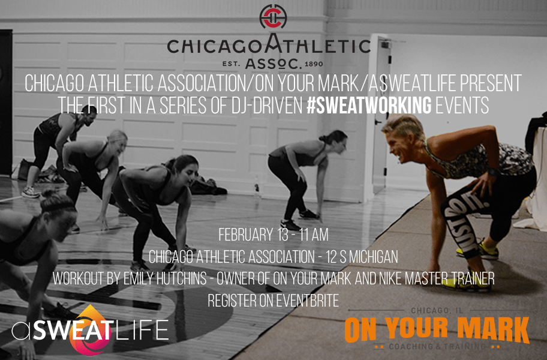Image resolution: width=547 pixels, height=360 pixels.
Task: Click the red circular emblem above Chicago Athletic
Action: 273,16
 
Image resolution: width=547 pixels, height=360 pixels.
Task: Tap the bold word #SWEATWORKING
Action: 369,105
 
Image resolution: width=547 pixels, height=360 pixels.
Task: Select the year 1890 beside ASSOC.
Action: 314,64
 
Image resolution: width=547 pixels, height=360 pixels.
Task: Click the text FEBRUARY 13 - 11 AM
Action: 273,235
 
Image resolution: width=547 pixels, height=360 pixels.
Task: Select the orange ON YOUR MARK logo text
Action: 437,329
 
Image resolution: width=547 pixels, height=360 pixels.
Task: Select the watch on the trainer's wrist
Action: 493,172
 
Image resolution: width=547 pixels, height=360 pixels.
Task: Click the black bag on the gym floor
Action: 208,187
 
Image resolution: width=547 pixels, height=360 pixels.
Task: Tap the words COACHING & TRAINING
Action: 437,346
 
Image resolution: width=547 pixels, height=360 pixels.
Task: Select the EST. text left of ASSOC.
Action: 232,64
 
